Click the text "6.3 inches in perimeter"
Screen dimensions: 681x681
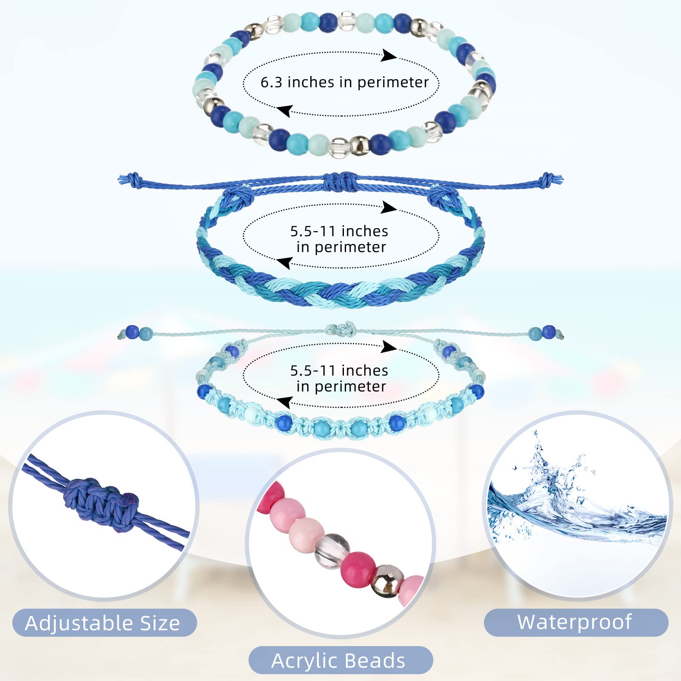click(344, 82)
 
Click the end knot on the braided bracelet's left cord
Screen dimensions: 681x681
click(133, 179)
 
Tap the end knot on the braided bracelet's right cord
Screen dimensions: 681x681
click(549, 179)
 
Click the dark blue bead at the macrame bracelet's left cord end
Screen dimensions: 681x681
click(132, 332)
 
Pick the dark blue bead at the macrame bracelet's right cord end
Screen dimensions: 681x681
click(549, 332)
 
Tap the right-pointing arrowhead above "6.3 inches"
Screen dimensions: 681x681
click(389, 55)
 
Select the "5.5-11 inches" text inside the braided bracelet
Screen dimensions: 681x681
click(339, 231)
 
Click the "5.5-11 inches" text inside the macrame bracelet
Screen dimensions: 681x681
click(339, 371)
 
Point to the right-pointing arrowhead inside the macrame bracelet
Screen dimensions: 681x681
click(389, 346)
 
